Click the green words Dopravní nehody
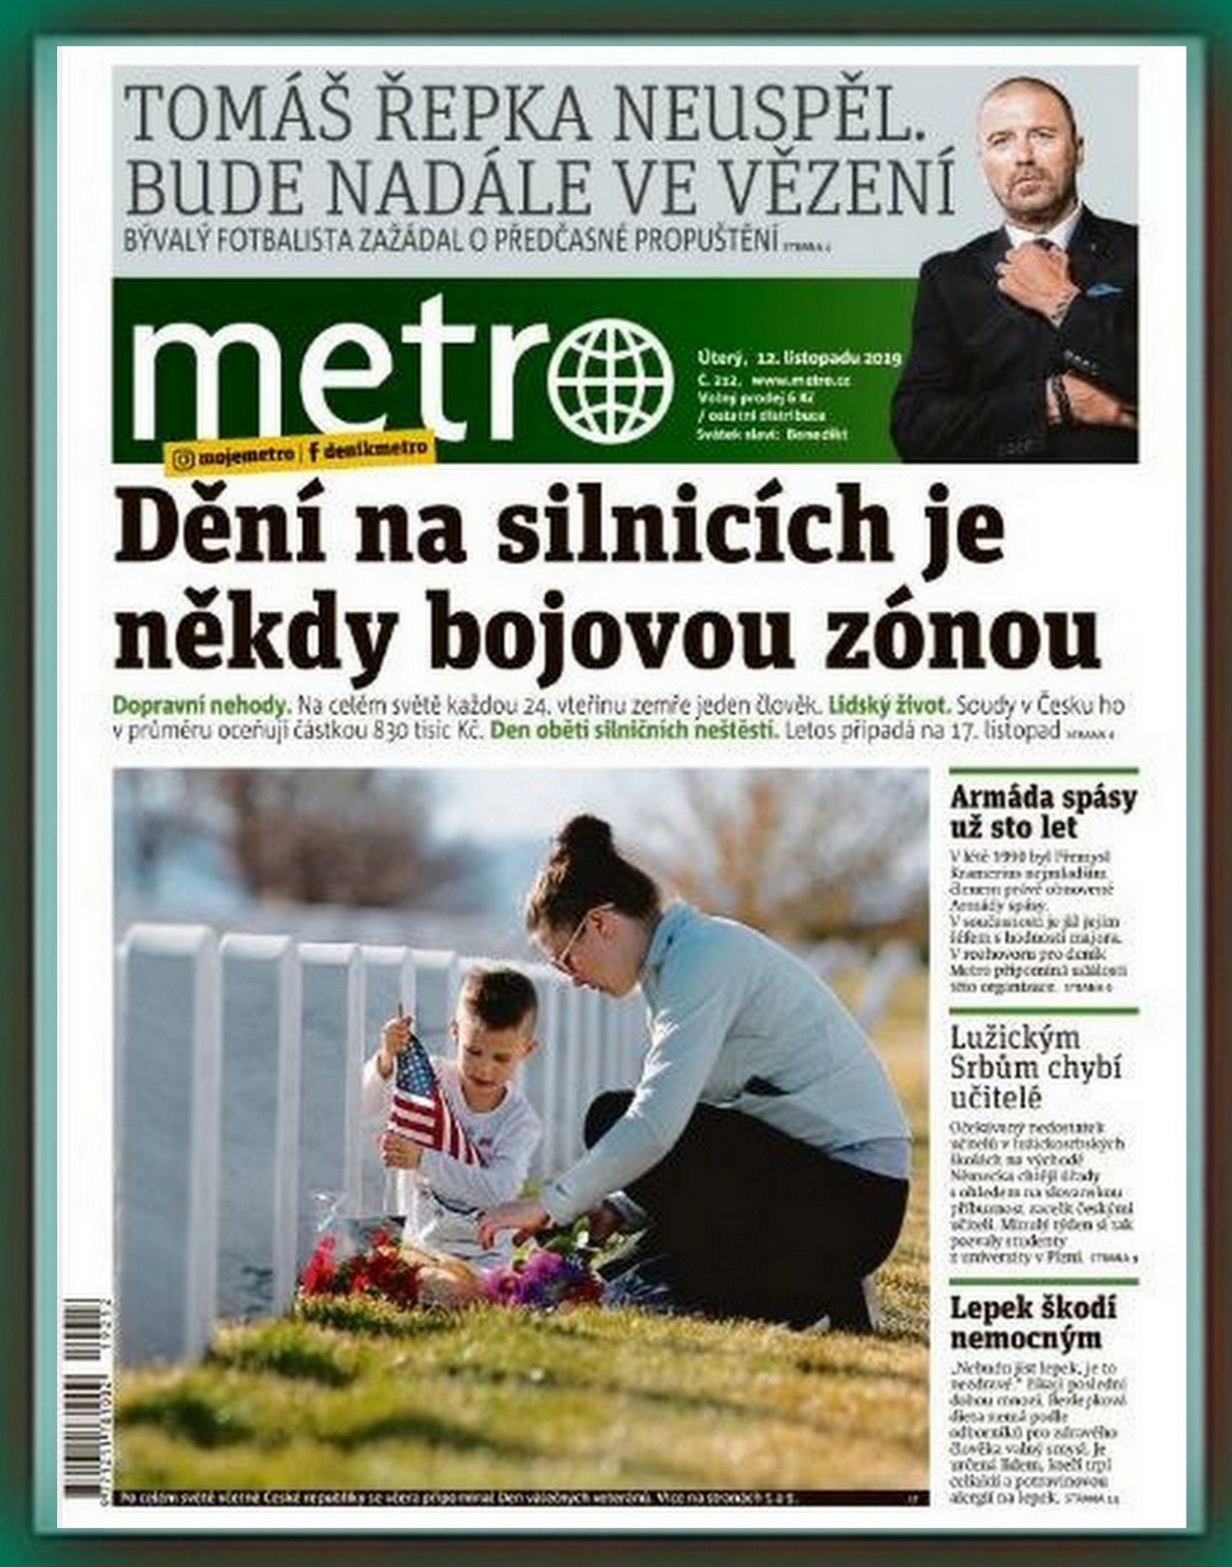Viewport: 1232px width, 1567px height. point(201,707)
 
